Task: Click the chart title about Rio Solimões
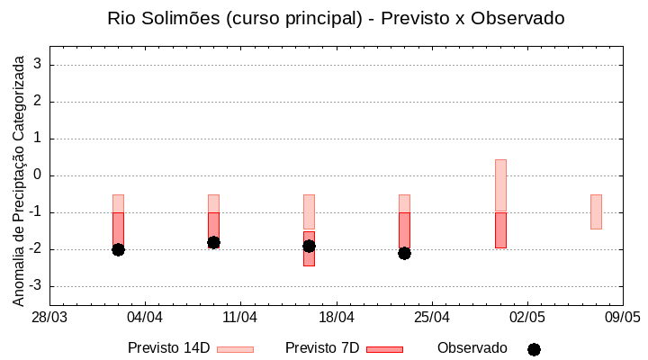[x=336, y=18]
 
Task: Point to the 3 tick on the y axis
[x=39, y=65]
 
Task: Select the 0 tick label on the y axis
[x=39, y=175]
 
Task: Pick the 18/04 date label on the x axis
[x=337, y=318]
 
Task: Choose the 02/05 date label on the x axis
[x=527, y=318]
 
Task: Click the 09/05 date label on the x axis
[x=623, y=318]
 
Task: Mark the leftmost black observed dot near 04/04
[x=118, y=249]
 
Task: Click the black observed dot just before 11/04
[x=213, y=242]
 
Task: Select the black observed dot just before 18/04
[x=309, y=246]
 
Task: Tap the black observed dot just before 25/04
[x=404, y=253]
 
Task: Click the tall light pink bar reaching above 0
[x=500, y=184]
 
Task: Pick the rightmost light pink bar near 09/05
[x=596, y=211]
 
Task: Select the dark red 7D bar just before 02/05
[x=500, y=230]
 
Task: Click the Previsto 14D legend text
[x=168, y=348]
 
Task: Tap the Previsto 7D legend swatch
[x=384, y=349]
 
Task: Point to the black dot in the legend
[x=534, y=349]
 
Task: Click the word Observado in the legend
[x=472, y=348]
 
